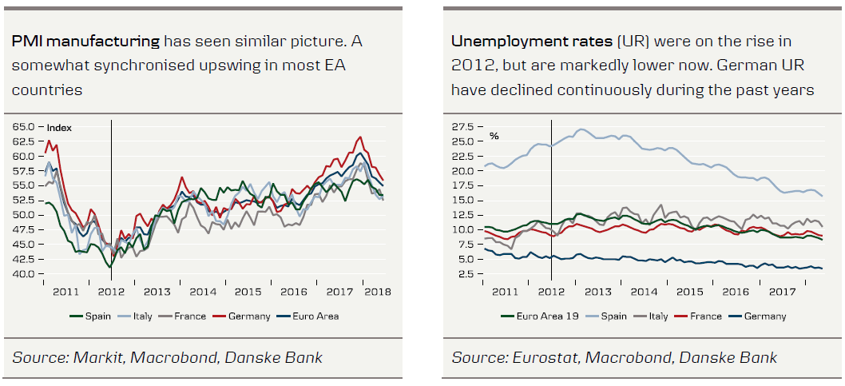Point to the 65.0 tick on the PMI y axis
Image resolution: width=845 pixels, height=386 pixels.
(23, 127)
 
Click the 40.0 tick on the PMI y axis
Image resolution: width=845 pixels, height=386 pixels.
(23, 274)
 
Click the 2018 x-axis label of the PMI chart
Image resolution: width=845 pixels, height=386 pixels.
(377, 292)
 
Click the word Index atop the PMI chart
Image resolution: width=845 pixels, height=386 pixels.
(59, 128)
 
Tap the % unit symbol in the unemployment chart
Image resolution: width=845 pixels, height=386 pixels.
(494, 136)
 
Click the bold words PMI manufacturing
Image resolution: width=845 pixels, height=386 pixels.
(86, 41)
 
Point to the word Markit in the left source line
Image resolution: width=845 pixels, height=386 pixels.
(95, 357)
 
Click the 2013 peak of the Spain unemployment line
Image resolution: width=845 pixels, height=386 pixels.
(581, 129)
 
